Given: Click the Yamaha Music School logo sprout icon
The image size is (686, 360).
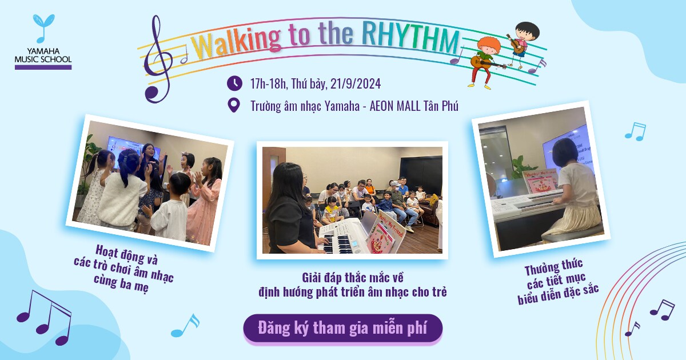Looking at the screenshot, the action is tap(43, 27).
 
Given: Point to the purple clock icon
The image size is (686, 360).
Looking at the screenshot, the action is tap(234, 83).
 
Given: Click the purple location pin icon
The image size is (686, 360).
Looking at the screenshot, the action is tap(234, 105).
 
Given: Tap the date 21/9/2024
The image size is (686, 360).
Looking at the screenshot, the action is tap(355, 83).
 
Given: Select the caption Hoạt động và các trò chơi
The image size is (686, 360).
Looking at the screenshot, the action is tap(124, 269).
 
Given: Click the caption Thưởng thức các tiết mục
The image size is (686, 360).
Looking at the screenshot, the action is tap(557, 282).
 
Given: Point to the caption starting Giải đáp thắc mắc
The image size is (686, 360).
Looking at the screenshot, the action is tap(353, 285).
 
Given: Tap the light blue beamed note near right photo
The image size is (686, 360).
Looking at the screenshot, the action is tap(636, 131).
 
